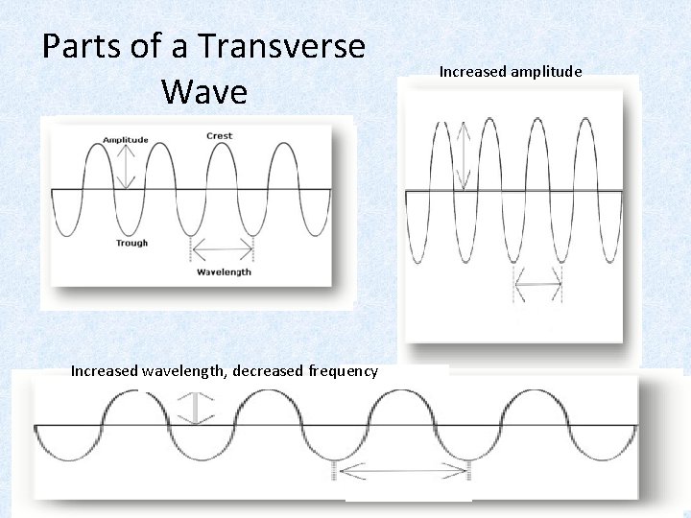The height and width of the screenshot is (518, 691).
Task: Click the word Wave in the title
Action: [x=204, y=92]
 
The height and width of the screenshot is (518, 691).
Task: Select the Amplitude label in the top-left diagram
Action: [x=126, y=140]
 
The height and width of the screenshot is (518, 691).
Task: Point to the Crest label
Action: [x=220, y=136]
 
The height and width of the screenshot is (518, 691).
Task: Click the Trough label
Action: [x=131, y=244]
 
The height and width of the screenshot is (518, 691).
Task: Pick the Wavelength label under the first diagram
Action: [x=224, y=271]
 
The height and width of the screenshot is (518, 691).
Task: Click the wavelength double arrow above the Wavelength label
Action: [x=223, y=252]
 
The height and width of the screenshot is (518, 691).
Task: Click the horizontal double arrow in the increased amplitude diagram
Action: [x=537, y=284]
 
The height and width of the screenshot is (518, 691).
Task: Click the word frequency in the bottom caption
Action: [x=344, y=371]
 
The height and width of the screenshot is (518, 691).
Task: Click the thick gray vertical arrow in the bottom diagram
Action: [x=197, y=408]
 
